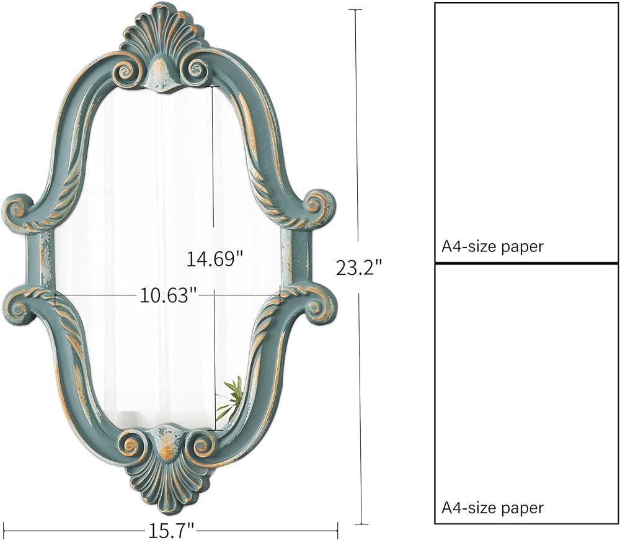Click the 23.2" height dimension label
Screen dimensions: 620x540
click(x=360, y=268)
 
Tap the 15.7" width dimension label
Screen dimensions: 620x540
click(x=172, y=531)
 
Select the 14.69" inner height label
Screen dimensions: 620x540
click(x=214, y=259)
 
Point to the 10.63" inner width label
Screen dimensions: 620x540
click(x=167, y=295)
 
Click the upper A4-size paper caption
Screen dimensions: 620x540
click(x=492, y=246)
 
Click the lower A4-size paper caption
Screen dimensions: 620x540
click(x=492, y=508)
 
